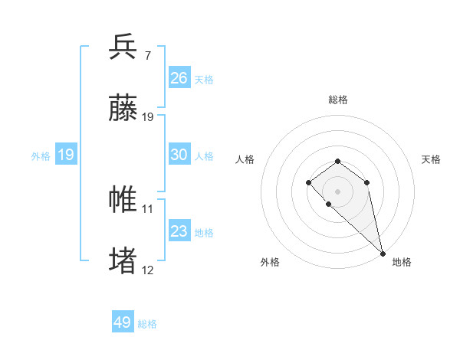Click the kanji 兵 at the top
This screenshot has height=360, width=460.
123,47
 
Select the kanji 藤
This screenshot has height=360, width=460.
123,108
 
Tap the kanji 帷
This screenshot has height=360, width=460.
123,199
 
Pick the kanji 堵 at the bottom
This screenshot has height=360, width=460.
123,260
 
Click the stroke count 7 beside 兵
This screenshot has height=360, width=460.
148,55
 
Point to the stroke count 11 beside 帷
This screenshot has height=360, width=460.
148,208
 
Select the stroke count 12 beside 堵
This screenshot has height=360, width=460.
148,270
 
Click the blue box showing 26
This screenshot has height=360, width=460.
179,77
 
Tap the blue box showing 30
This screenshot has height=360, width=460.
179,154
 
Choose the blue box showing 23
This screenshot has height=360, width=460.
179,231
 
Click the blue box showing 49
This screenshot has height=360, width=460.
123,322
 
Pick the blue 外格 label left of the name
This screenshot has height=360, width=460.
41,155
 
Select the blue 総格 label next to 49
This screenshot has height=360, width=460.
147,324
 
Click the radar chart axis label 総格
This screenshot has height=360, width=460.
338,100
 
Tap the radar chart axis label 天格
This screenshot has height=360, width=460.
431,159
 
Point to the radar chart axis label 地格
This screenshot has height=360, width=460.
402,262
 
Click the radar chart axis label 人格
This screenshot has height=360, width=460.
245,159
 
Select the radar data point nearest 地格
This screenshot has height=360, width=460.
383,254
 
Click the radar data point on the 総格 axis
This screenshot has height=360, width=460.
337,161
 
